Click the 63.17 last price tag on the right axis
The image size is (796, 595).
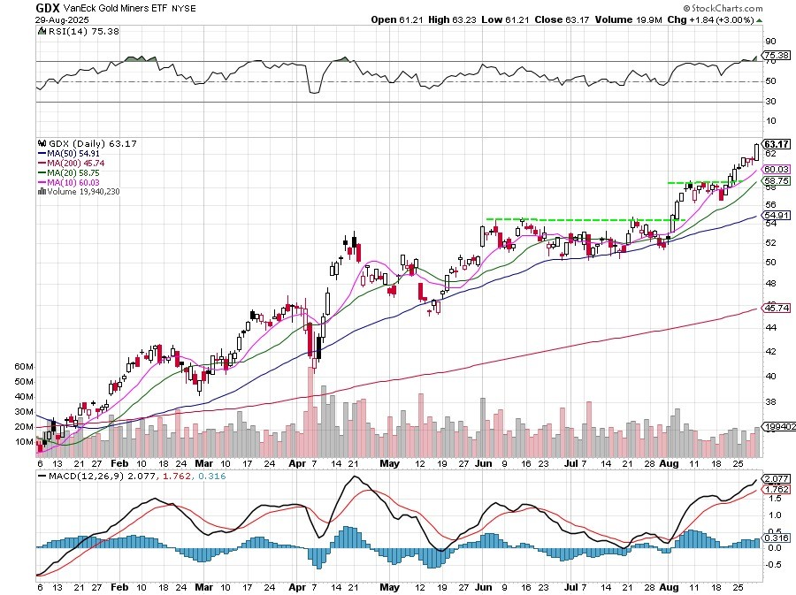click(x=776, y=144)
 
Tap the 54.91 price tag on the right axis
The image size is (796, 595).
click(x=776, y=216)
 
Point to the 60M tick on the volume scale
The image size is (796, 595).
click(x=24, y=366)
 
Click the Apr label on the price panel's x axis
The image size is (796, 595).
click(x=296, y=462)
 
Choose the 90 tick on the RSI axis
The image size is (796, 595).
click(x=770, y=41)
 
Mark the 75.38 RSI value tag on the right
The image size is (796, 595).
click(x=776, y=57)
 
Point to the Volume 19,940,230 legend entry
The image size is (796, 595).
click(x=82, y=191)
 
